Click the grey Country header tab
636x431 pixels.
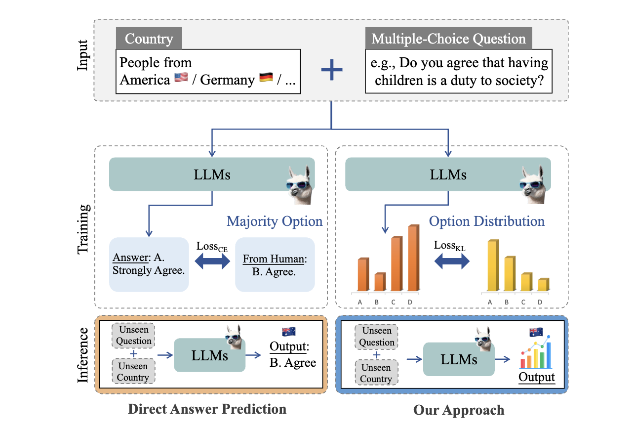click(149, 39)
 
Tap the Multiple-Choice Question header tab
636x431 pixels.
click(448, 39)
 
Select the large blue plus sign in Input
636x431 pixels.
click(332, 71)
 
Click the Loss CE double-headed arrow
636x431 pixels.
click(212, 262)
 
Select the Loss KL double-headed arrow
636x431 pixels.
click(452, 262)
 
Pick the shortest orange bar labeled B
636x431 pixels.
click(379, 282)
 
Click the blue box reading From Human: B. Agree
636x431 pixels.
click(275, 264)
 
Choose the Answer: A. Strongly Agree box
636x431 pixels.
click(149, 264)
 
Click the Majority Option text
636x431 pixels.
click(275, 221)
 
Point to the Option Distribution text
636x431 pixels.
click(486, 221)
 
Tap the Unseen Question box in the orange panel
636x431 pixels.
click(133, 336)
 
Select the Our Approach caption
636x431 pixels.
click(459, 410)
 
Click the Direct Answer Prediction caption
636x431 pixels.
click(207, 409)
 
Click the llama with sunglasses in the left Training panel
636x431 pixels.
click(299, 185)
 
